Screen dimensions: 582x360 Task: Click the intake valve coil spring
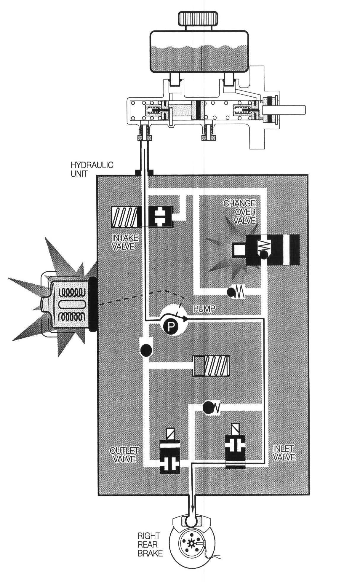124,217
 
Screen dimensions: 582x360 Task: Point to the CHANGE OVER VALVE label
240,212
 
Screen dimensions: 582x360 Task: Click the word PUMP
204,309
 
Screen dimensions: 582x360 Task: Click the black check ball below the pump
146,350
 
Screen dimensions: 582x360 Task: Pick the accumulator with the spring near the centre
211,366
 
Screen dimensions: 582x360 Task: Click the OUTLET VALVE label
124,455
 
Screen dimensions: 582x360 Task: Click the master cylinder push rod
290,109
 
